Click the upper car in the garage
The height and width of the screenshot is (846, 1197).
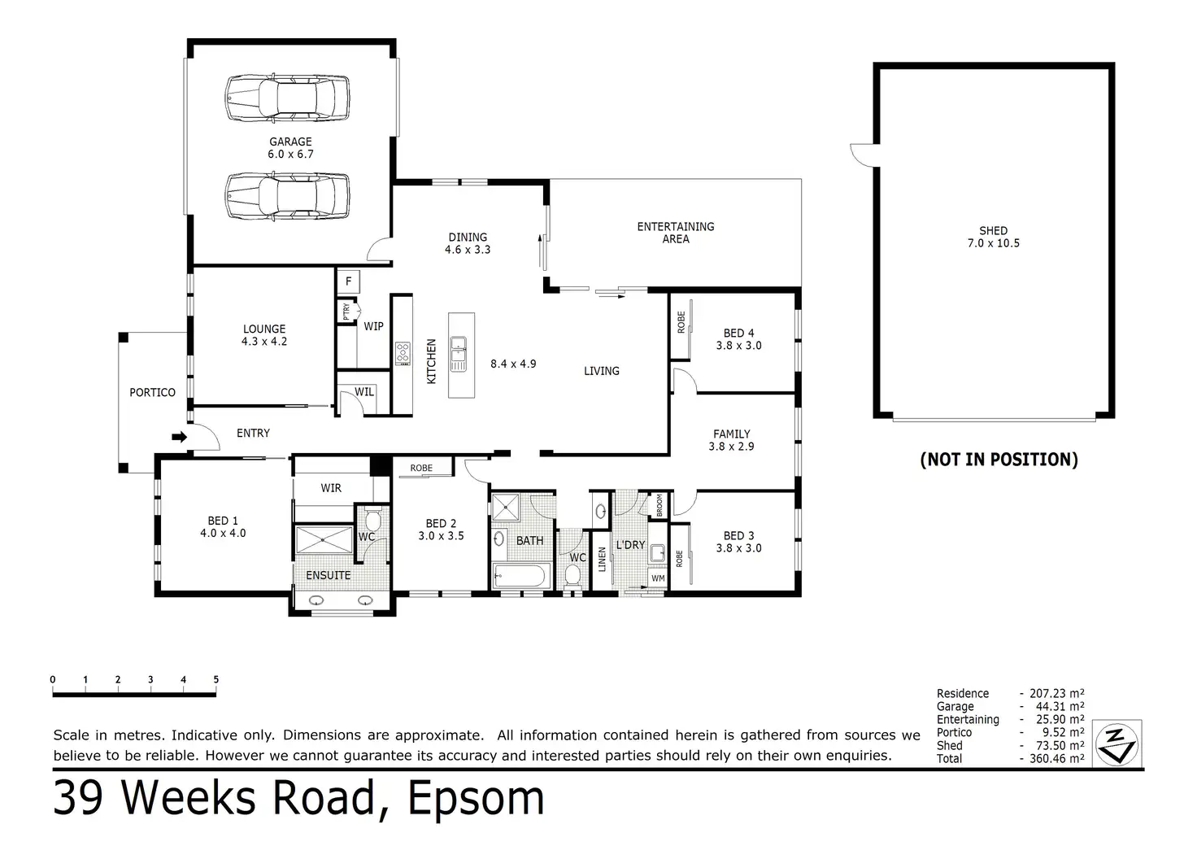[x=287, y=98]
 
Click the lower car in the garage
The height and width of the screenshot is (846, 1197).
[x=287, y=195]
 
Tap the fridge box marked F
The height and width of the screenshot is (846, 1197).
[x=348, y=281]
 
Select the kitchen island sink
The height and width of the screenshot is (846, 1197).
[x=458, y=354]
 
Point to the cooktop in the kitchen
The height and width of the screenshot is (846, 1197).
[x=403, y=353]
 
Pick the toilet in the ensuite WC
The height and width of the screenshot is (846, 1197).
[x=372, y=519]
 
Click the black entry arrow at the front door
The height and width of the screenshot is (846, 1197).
[x=180, y=437]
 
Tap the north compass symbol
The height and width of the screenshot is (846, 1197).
[x=1116, y=744]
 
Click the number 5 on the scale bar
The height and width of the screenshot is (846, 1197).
[x=215, y=679]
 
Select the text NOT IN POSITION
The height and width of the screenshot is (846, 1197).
[x=999, y=460]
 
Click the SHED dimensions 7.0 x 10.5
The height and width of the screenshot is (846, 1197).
[x=994, y=243]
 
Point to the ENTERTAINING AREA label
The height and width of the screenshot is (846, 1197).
[x=676, y=233]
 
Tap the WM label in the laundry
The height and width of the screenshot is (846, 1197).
[x=658, y=578]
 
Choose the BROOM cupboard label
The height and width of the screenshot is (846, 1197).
[x=659, y=504]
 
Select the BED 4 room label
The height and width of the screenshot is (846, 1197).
[x=738, y=333]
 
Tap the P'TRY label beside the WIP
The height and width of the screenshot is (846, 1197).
[x=346, y=312]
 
